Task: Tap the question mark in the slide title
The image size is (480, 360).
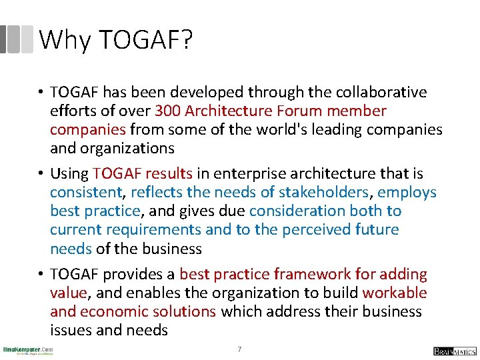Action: pos(185,41)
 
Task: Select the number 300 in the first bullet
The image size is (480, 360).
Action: pos(169,111)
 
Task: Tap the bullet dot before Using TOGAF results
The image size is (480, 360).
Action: pos(41,174)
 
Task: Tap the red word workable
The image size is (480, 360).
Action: pos(395,293)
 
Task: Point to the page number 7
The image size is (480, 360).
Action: pos(239,349)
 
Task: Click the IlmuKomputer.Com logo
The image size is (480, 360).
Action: pos(28,351)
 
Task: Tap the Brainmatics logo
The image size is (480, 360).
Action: pos(455,351)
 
